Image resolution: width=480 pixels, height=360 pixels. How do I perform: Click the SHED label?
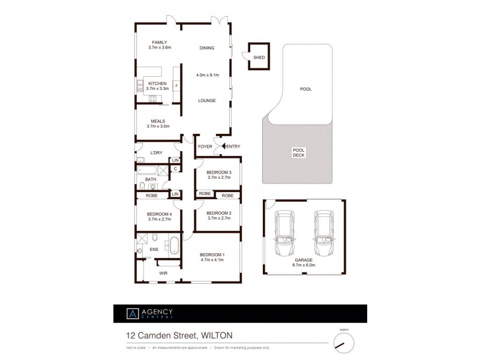pos(259,58)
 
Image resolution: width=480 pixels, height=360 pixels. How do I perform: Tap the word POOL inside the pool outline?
pos(305,89)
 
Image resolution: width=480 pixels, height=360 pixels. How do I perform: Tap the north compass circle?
pos(344,343)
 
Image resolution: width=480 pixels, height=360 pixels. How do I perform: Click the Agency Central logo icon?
pos(131,314)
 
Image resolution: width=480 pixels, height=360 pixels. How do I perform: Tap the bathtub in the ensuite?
pos(173,246)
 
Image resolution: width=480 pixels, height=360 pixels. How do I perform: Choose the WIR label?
pos(163,273)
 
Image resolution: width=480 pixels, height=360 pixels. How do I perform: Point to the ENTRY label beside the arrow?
pos(233,146)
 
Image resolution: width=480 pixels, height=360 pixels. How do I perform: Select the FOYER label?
pos(205,146)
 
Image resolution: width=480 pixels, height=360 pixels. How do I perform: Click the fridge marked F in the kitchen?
pos(176,86)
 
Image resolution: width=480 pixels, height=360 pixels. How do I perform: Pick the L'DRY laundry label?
pos(157,153)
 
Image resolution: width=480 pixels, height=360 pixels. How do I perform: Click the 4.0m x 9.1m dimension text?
pos(208,75)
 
